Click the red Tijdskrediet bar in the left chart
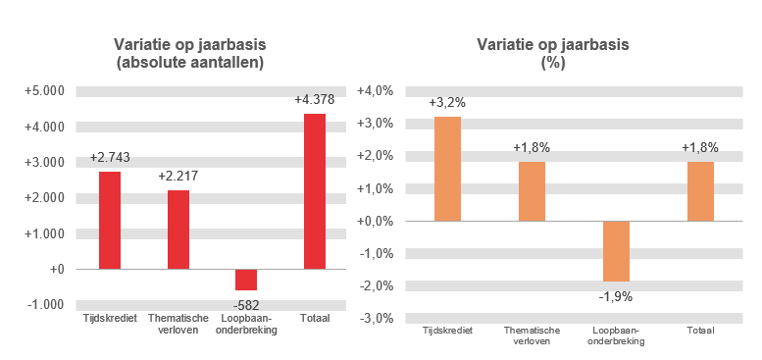click(x=110, y=220)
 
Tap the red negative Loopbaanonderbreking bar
click(x=246, y=280)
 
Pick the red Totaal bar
click(x=315, y=190)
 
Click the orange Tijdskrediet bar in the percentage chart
click(x=447, y=169)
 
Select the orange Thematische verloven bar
click(x=532, y=191)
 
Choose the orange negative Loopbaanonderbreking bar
click(x=616, y=251)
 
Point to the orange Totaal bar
click(x=700, y=191)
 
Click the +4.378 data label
click(x=315, y=99)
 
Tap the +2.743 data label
click(x=110, y=157)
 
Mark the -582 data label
click(x=246, y=303)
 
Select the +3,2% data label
click(x=447, y=102)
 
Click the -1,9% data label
click(x=616, y=295)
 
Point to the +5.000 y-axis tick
click(x=44, y=91)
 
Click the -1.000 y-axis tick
click(x=44, y=304)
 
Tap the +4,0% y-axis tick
click(x=378, y=91)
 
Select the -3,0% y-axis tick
click(x=378, y=318)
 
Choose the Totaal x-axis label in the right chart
click(x=700, y=331)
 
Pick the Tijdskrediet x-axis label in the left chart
click(x=110, y=319)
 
